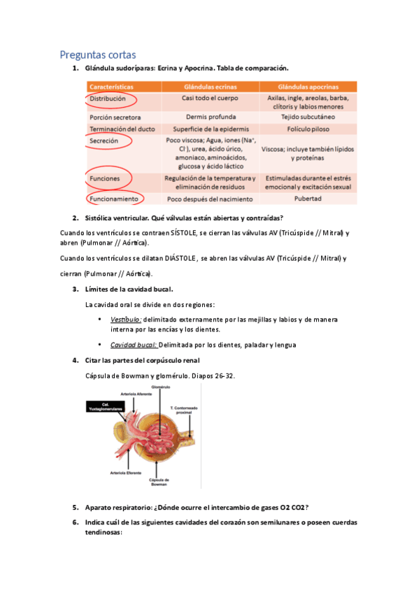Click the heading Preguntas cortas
[x=98, y=54]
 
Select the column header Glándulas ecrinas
[x=210, y=87]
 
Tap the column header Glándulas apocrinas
[x=309, y=87]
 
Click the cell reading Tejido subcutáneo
[x=309, y=117]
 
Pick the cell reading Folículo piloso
[x=309, y=129]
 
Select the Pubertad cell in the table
[x=309, y=199]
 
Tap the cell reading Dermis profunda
[x=210, y=117]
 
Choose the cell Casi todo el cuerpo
[x=210, y=99]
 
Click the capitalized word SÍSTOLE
[x=184, y=231]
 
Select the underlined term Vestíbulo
[x=125, y=319]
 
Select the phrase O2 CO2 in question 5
[x=294, y=507]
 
